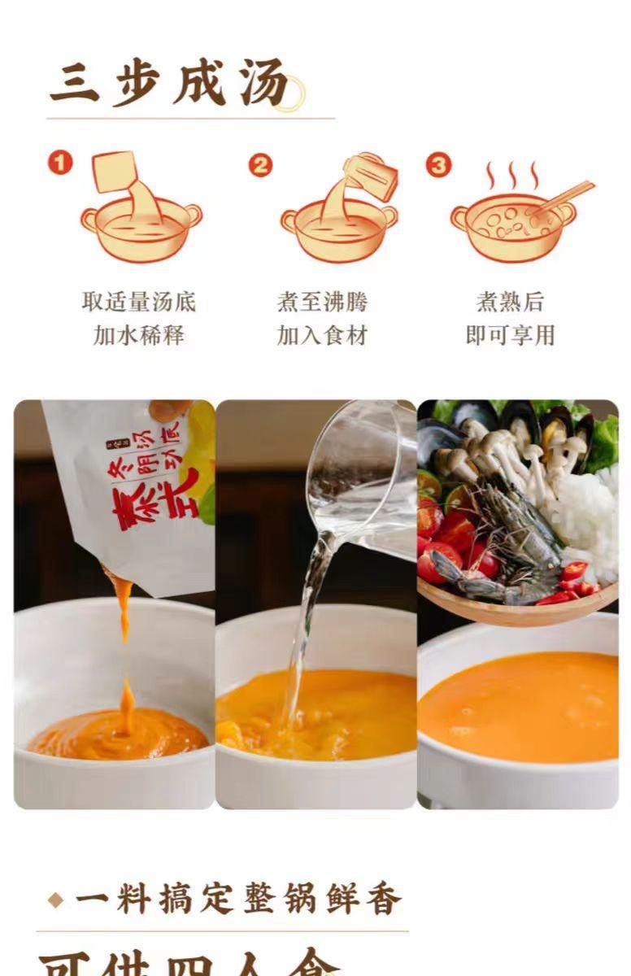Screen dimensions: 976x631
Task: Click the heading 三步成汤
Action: click(169, 84)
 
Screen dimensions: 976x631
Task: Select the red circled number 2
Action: click(259, 165)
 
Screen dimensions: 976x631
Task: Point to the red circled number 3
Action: click(438, 165)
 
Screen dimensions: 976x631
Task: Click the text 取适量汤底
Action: click(139, 302)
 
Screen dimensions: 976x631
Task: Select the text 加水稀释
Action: click(139, 334)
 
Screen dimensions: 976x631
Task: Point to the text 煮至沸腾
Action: click(322, 302)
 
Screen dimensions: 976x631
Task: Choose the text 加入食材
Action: click(322, 334)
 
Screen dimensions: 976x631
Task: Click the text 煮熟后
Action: click(510, 302)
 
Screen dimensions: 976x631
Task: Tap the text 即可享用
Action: click(510, 334)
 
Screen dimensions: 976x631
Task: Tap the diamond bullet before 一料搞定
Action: click(55, 900)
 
